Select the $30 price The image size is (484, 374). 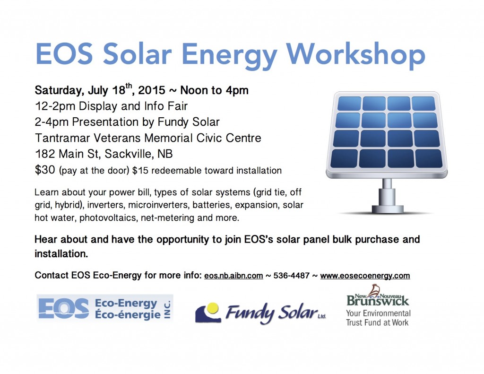45,170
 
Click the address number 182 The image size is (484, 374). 45,154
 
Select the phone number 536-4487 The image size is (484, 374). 289,276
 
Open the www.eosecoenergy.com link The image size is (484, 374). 365,276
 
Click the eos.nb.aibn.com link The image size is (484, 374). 233,276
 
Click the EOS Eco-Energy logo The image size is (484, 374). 105,308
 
